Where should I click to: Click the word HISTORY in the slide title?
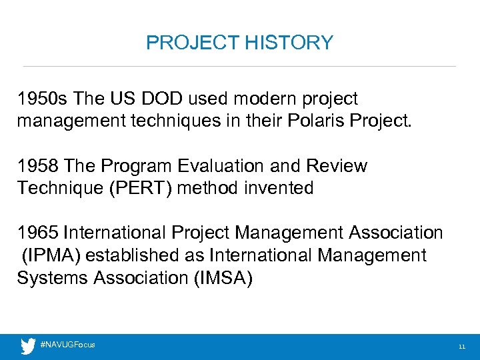click(x=289, y=43)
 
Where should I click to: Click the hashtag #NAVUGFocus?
click(x=68, y=345)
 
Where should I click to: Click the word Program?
click(x=133, y=166)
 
